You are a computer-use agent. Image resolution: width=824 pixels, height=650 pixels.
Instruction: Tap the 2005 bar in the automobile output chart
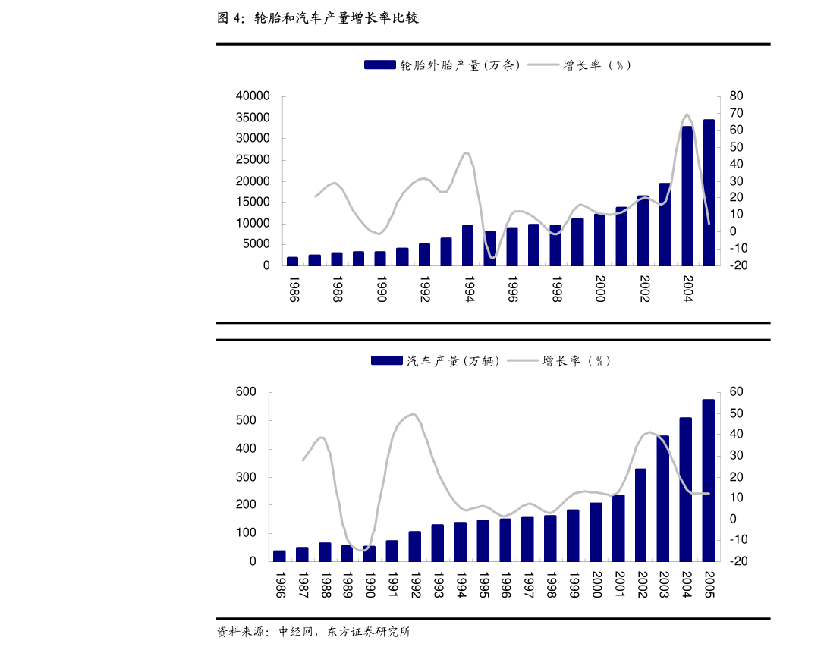click(708, 480)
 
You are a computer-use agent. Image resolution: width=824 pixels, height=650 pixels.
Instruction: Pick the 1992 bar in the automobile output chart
click(415, 546)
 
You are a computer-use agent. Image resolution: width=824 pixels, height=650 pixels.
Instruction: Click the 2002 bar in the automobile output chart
click(640, 515)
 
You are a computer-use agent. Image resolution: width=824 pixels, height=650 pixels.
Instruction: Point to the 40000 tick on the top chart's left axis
click(253, 96)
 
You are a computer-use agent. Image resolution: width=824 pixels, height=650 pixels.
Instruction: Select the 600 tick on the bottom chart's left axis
click(245, 392)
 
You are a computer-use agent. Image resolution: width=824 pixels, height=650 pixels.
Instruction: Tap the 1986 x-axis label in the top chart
click(293, 289)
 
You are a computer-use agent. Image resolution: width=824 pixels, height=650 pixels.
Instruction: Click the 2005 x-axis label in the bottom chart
click(709, 585)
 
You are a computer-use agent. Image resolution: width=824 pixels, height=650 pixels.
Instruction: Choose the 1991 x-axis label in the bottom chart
click(392, 585)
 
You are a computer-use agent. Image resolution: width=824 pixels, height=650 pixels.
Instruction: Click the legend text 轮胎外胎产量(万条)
click(460, 65)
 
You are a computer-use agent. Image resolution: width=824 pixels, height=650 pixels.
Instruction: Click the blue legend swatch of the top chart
click(379, 65)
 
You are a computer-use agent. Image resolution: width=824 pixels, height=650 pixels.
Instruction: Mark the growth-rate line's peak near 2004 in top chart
click(686, 115)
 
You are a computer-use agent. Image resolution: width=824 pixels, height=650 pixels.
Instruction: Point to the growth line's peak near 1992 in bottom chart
click(413, 414)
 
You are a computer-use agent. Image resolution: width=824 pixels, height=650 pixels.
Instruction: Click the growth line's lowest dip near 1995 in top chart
click(492, 258)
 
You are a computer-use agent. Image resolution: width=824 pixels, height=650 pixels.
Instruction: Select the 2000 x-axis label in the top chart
click(599, 289)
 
